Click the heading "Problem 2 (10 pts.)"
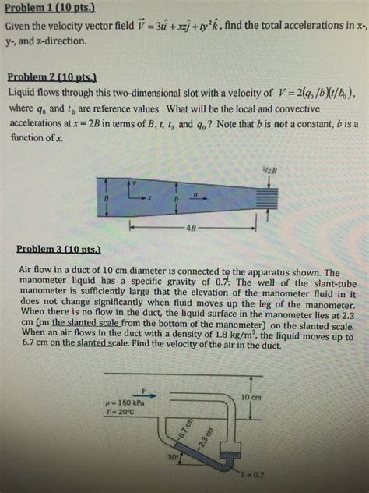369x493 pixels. [51, 76]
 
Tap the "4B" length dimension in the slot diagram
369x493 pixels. [192, 229]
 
